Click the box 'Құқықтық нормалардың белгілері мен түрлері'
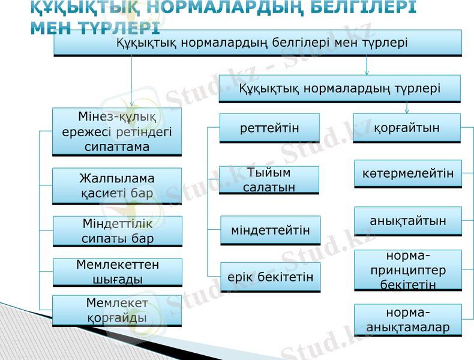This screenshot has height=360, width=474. [258, 43]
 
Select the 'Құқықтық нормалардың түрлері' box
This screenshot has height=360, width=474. [340, 89]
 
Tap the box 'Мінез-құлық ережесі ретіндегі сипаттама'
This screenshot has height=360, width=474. [117, 131]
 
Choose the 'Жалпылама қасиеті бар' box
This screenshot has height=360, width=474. [117, 186]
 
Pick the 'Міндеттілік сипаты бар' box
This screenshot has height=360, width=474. [117, 232]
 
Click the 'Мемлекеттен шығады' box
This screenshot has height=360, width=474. [117, 272]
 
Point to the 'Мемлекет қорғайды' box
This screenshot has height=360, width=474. [117, 311]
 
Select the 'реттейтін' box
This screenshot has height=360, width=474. [269, 128]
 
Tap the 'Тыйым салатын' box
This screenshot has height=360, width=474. [269, 180]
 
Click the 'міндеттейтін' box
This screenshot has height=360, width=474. [271, 230]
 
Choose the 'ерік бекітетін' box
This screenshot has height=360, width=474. [271, 277]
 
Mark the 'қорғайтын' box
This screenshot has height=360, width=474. [407, 128]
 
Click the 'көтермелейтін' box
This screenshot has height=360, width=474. [408, 174]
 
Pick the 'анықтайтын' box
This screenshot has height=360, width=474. [408, 221]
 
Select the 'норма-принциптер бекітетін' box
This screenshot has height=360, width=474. [408, 270]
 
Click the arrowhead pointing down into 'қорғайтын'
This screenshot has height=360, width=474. [407, 111]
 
